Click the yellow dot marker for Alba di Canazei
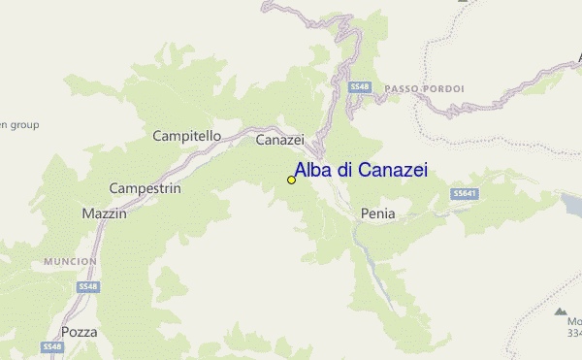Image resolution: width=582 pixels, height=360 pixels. tap(291, 180)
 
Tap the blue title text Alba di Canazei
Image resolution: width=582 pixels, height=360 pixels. tap(360, 171)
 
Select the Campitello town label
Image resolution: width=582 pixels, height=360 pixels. tap(187, 137)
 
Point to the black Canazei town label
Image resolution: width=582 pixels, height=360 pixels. tap(280, 141)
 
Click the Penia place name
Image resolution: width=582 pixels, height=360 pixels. tap(377, 213)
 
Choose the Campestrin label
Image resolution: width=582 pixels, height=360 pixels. tap(145, 188)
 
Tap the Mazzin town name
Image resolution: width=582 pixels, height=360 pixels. tap(105, 213)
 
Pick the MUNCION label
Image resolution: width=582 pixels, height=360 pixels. tap(70, 262)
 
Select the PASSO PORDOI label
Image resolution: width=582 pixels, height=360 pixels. tap(424, 89)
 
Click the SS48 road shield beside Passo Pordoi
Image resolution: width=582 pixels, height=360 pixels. tap(360, 87)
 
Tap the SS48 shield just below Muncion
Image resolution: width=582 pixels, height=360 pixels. tap(89, 286)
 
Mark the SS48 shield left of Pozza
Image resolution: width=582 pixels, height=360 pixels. tap(51, 345)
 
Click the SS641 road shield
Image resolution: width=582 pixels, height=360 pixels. tap(465, 194)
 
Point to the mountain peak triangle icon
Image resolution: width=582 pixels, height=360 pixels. tap(561, 311)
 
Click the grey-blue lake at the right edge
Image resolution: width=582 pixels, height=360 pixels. tap(572, 203)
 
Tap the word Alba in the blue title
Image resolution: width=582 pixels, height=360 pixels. tap(312, 171)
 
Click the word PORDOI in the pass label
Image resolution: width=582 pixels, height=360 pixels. tap(443, 89)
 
